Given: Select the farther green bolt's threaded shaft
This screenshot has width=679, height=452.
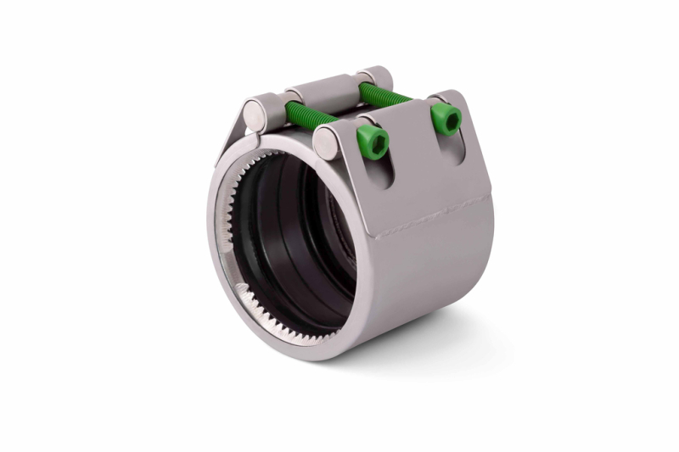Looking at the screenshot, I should [x=386, y=92].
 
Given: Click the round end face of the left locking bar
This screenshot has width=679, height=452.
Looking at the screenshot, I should [x=255, y=113].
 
